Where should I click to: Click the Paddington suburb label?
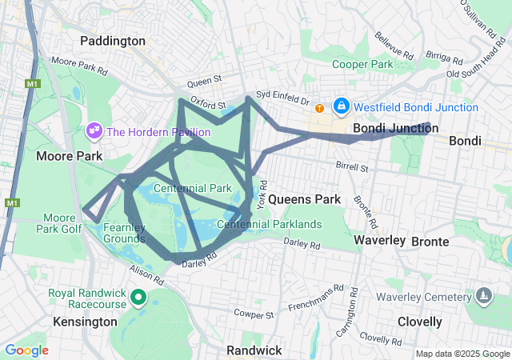coord(113,40)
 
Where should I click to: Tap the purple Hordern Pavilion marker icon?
coord(94,130)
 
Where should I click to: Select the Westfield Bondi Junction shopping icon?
coord(342,106)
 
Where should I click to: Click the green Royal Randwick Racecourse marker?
coord(138,298)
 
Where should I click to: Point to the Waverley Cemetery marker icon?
coord(483,298)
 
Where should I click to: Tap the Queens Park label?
coord(304,198)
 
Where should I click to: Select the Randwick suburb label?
coord(254,350)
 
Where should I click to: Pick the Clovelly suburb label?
coord(419,322)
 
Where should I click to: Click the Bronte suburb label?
coord(430,241)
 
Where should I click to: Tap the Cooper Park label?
coord(362,64)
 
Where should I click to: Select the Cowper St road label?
coord(254,312)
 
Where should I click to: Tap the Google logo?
coord(26,350)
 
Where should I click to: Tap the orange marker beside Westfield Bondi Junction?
coord(319,108)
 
